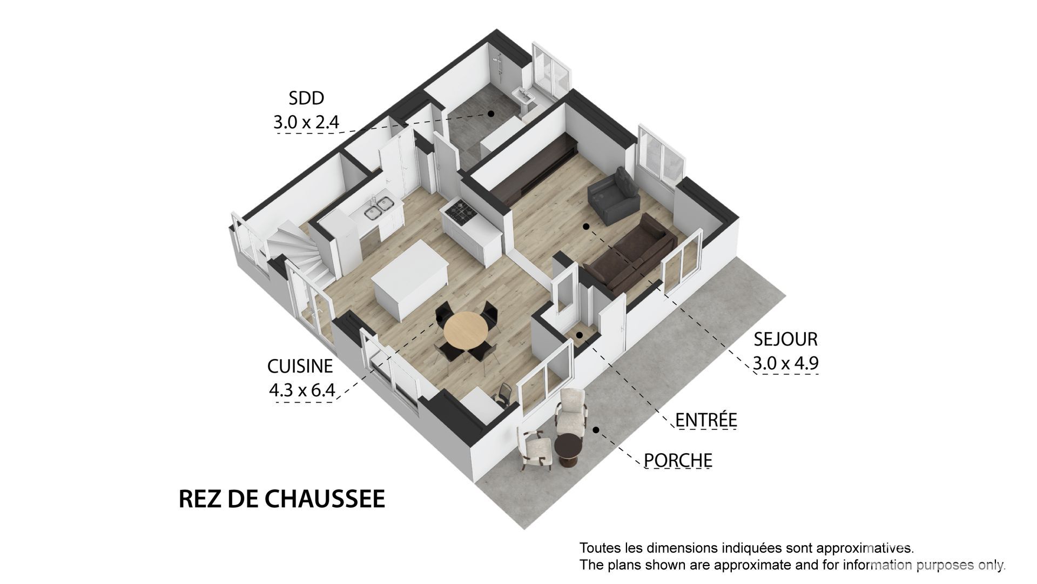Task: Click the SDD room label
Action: pyautogui.click(x=306, y=98)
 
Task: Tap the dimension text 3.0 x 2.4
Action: pyautogui.click(x=306, y=122)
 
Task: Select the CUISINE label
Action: pyautogui.click(x=300, y=366)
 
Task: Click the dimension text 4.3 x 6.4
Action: pyautogui.click(x=302, y=389)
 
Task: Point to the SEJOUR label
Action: pyautogui.click(x=786, y=339)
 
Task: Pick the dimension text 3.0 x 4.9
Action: pyautogui.click(x=786, y=363)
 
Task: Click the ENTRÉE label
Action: pyautogui.click(x=706, y=420)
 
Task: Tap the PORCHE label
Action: pyautogui.click(x=678, y=460)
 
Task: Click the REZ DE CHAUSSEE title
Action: pyautogui.click(x=282, y=499)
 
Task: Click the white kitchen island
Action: pyautogui.click(x=410, y=286)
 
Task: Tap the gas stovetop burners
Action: pyautogui.click(x=460, y=211)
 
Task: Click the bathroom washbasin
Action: pyautogui.click(x=525, y=97)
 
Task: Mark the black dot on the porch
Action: pyautogui.click(x=596, y=430)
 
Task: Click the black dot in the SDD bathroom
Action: pyautogui.click(x=491, y=114)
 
